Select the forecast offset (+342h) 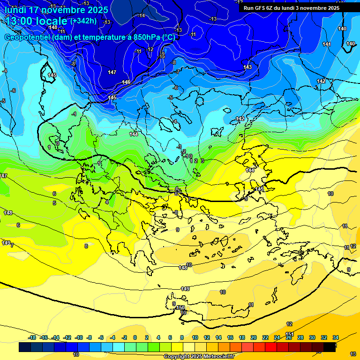tap(84, 21)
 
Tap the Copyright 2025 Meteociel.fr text tap(199, 357)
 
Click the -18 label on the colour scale tap(32, 337)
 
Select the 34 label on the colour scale tap(336, 337)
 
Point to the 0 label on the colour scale tap(135, 337)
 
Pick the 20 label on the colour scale tap(254, 337)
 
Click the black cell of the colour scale tap(330, 347)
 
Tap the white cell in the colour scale tap(189, 347)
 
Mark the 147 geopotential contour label tap(112, 72)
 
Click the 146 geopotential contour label tap(126, 82)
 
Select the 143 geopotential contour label tap(247, 67)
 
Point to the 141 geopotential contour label tap(327, 44)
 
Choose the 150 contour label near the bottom tap(180, 307)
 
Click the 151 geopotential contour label tap(290, 334)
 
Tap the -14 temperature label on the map tap(142, 15)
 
